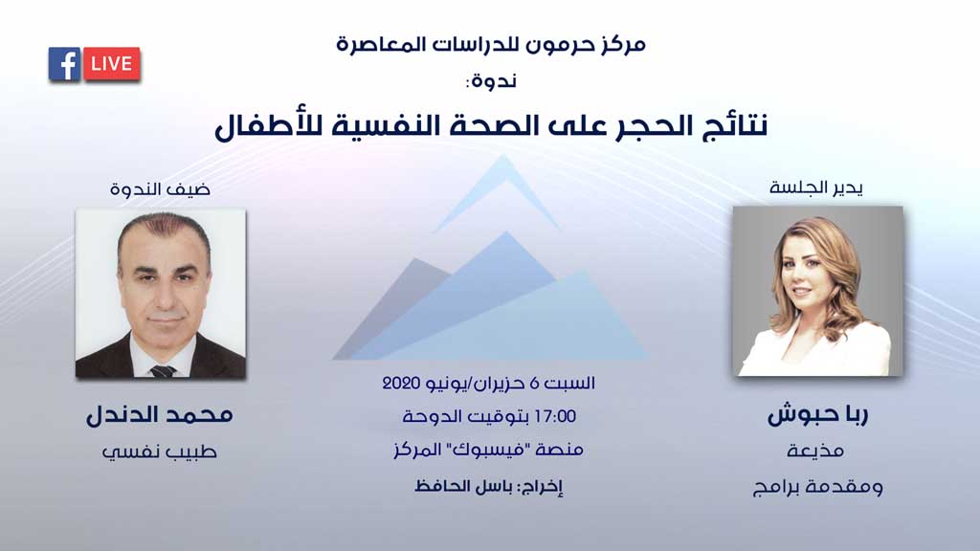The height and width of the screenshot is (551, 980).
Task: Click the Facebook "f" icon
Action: (64, 64)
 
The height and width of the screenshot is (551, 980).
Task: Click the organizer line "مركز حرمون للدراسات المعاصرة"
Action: (491, 45)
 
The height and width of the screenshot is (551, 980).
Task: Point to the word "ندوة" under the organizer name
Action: (495, 81)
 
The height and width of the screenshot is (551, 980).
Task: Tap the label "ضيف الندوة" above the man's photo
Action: (161, 188)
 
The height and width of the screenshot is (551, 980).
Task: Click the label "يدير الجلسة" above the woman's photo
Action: (816, 187)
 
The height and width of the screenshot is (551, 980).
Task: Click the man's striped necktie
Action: (163, 371)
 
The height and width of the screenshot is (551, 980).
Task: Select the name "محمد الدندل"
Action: (160, 415)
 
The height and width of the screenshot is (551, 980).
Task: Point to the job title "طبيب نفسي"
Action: (160, 452)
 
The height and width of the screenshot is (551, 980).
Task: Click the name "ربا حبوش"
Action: (817, 415)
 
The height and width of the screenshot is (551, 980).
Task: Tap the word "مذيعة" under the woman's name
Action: (815, 451)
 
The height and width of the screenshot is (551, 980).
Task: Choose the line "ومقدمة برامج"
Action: (817, 487)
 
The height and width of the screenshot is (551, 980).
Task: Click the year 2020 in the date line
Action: (400, 383)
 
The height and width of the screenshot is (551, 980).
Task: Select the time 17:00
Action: (555, 417)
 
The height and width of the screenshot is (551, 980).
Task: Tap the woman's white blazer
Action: (815, 352)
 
